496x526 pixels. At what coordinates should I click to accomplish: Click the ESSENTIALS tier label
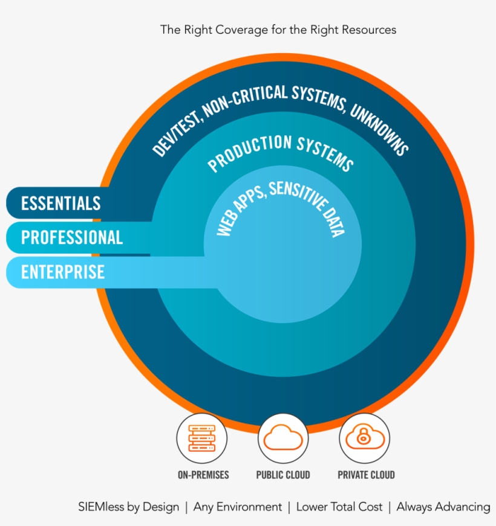pyautogui.click(x=60, y=204)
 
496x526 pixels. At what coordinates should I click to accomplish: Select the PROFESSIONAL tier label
pyautogui.click(x=71, y=237)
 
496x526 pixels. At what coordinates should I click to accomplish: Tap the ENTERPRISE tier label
pyautogui.click(x=62, y=272)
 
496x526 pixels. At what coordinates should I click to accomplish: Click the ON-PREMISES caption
pyautogui.click(x=203, y=475)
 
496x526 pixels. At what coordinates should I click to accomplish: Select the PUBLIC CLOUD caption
pyautogui.click(x=282, y=475)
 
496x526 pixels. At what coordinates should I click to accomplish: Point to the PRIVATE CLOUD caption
pyautogui.click(x=366, y=475)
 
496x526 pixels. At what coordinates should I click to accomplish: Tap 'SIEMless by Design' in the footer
pyautogui.click(x=128, y=507)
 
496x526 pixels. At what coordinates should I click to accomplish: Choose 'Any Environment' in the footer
pyautogui.click(x=238, y=507)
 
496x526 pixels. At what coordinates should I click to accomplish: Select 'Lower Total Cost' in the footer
pyautogui.click(x=339, y=507)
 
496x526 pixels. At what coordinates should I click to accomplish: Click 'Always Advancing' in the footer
pyautogui.click(x=443, y=507)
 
